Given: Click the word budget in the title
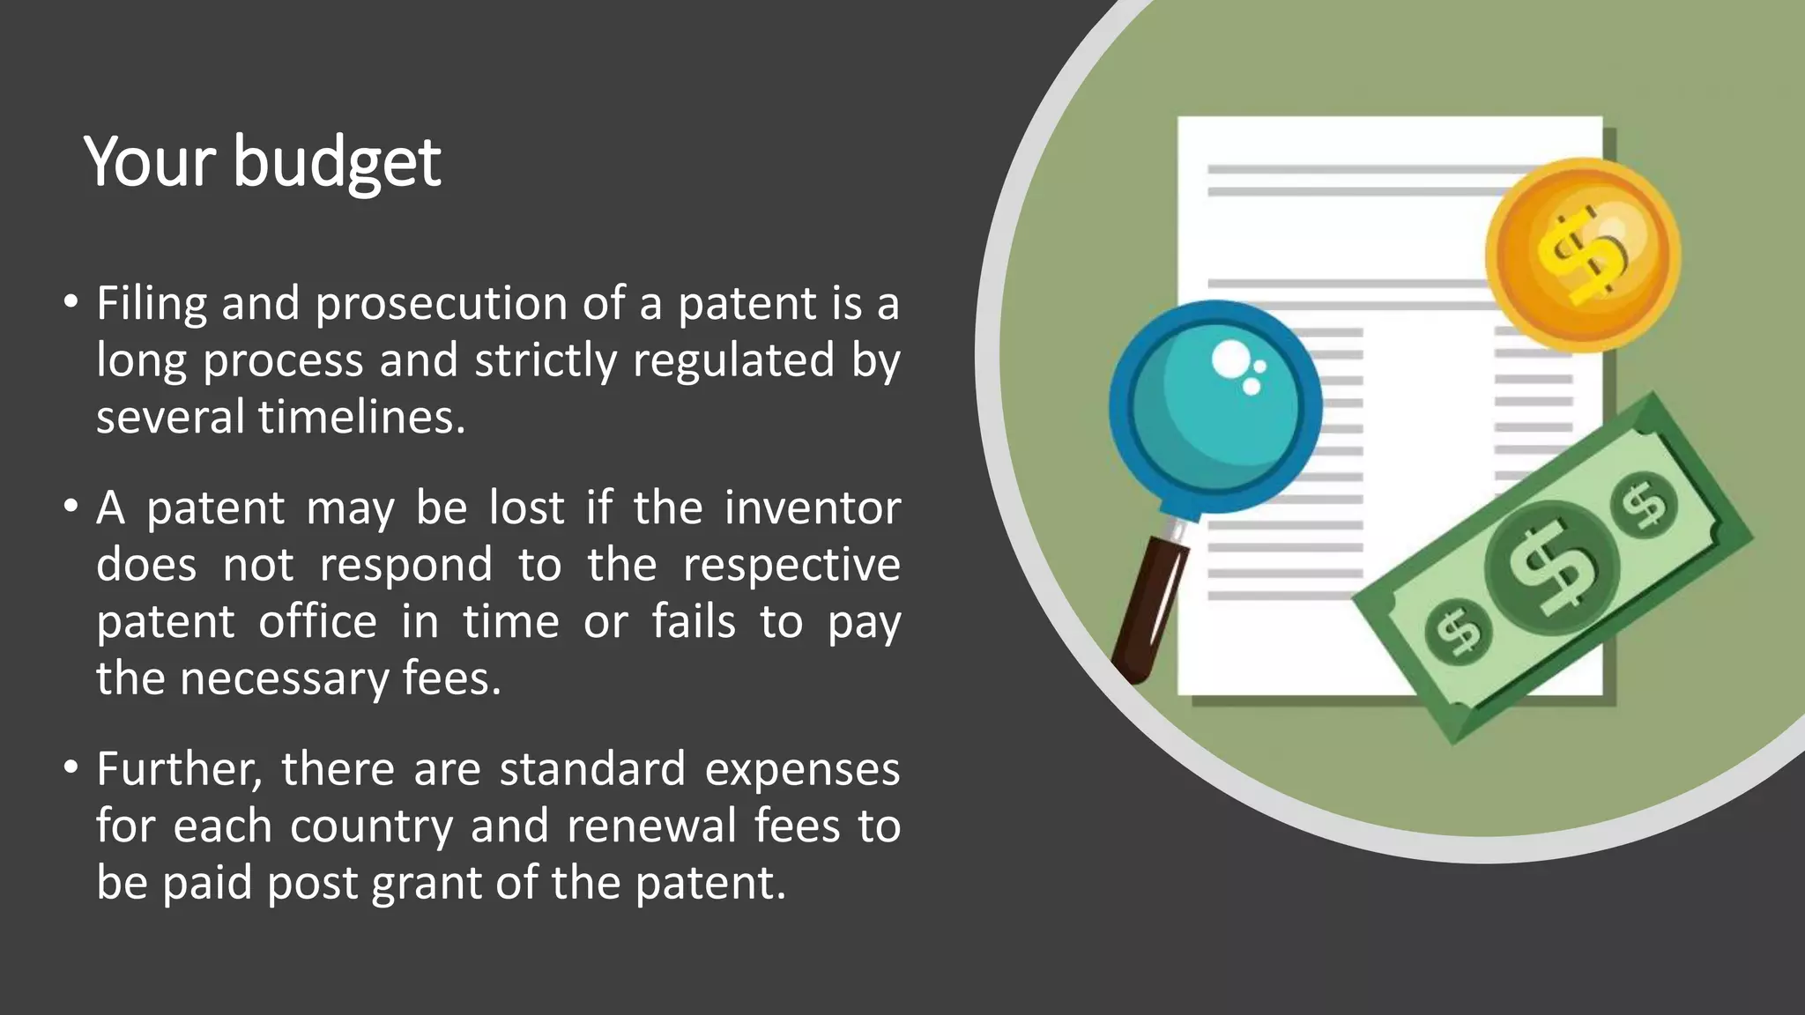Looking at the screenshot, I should [337, 164].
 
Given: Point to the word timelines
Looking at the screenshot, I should [361, 418].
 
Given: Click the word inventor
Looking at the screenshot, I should [812, 508].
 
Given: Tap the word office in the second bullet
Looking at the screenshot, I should [318, 622].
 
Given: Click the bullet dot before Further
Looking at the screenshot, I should [71, 768].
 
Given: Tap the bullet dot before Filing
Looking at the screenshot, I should [71, 302].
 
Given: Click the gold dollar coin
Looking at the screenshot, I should [1582, 255].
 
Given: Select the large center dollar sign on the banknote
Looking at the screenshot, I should [1552, 567].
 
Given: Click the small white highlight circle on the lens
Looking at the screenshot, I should [1230, 359].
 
